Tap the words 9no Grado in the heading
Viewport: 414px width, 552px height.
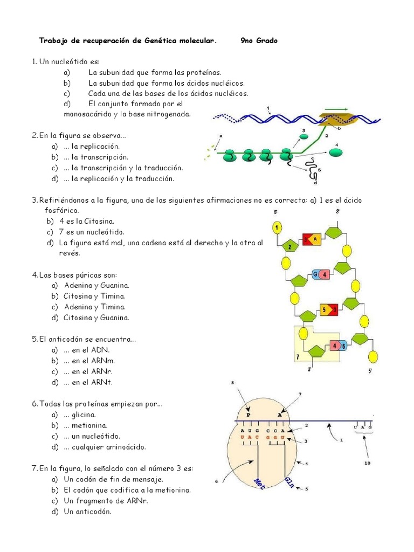click(x=259, y=41)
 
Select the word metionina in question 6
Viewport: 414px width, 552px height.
click(x=81, y=425)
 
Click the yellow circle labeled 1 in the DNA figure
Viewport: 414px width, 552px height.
click(x=277, y=228)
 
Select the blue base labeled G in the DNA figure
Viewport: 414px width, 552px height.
click(x=315, y=275)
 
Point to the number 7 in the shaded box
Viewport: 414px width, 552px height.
click(x=298, y=357)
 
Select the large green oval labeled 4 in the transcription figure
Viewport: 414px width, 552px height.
click(x=336, y=152)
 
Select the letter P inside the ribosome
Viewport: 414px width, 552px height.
click(x=249, y=415)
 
